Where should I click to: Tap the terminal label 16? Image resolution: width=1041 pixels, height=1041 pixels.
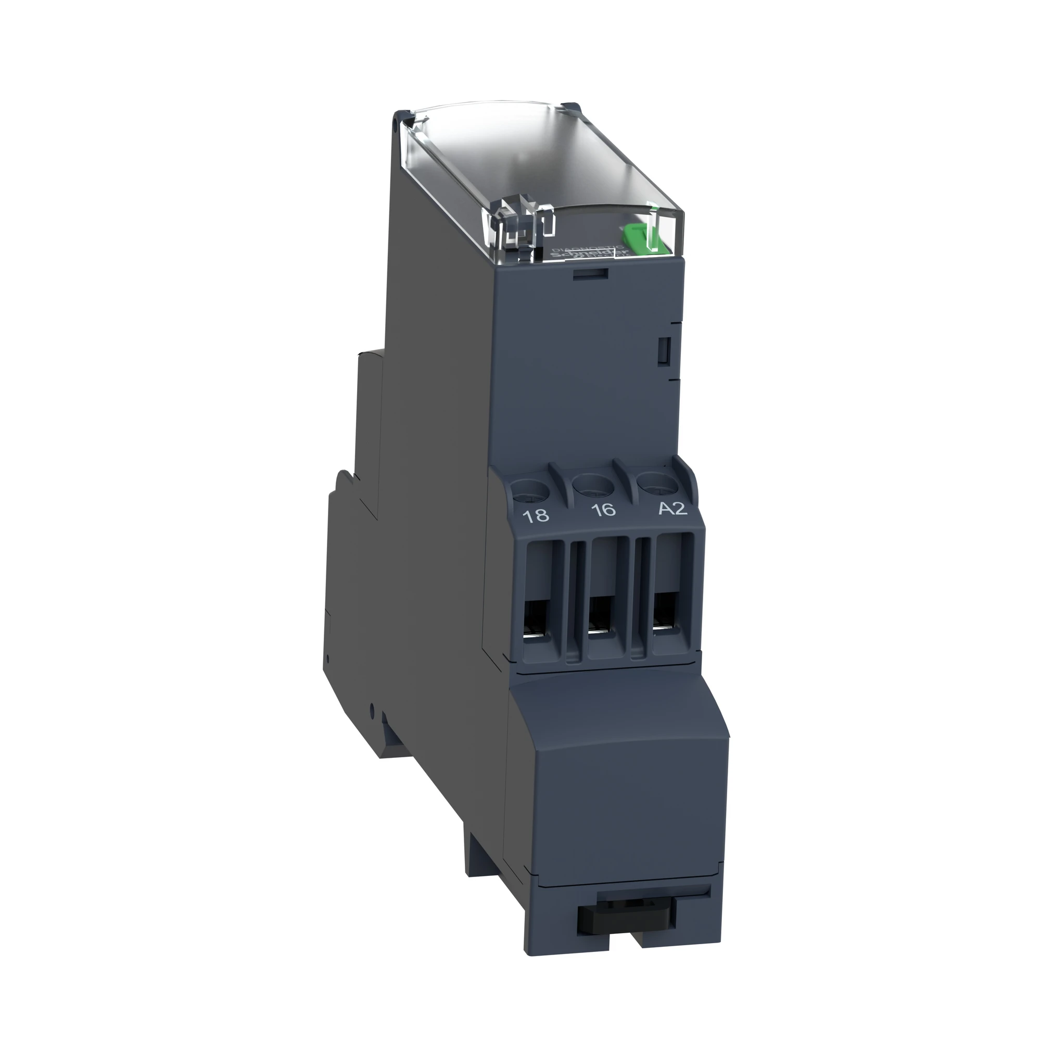tap(603, 509)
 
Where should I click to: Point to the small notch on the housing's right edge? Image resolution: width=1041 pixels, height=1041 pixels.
tap(664, 351)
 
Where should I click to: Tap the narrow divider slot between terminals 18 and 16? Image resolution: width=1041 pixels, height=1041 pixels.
tap(575, 598)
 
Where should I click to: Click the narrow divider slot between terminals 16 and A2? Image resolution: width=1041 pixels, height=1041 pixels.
tap(641, 595)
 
